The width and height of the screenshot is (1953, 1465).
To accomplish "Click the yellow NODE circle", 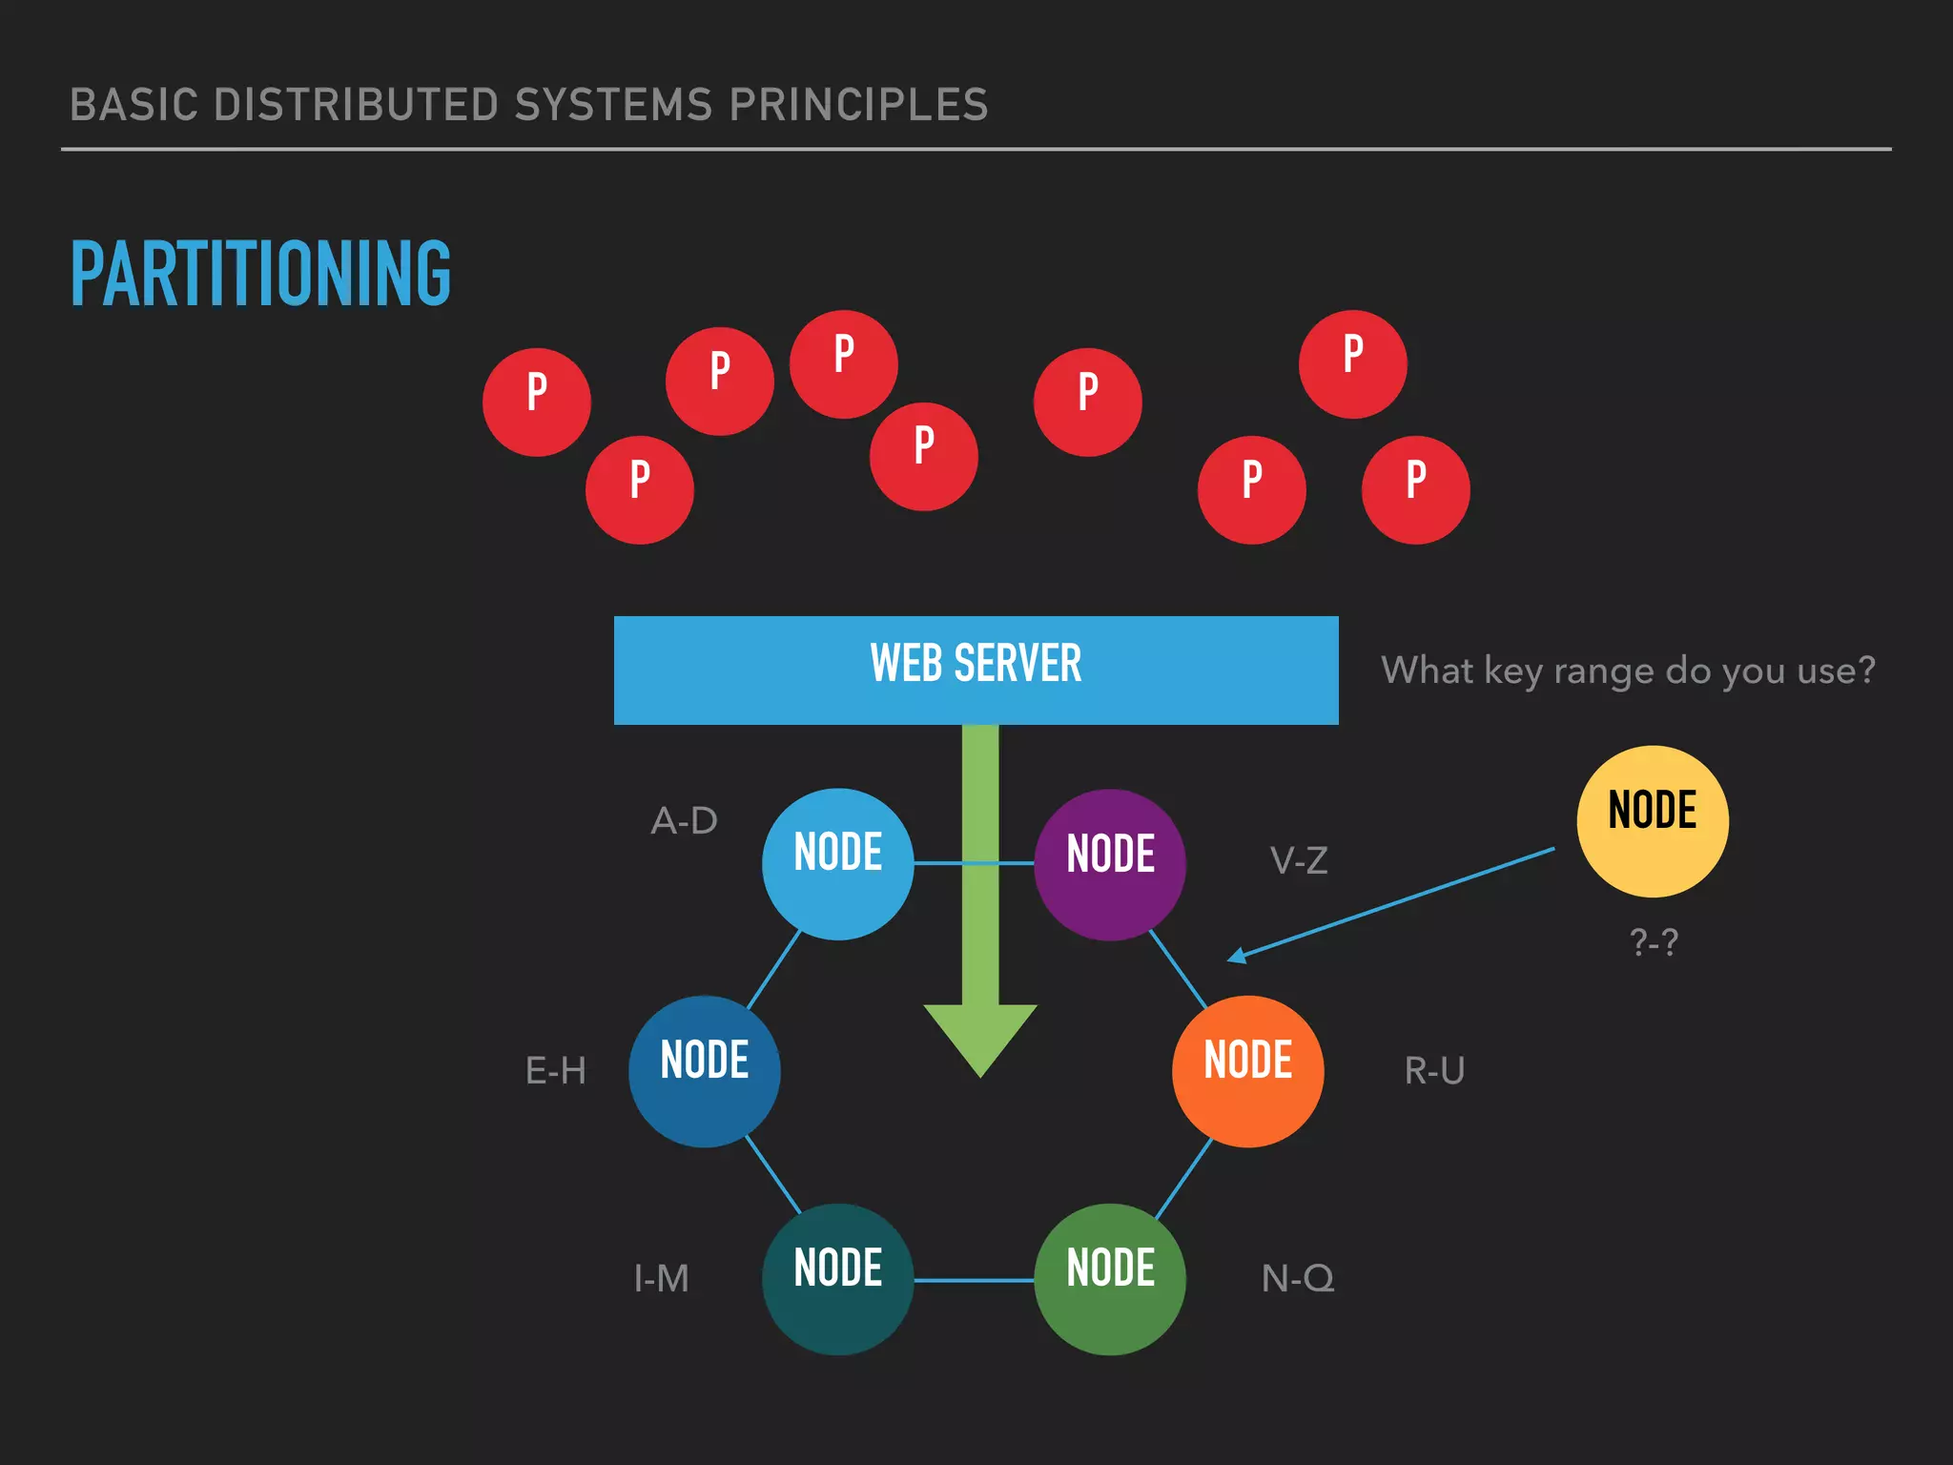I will coord(1652,821).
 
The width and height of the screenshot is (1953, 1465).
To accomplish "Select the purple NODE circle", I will coord(1110,864).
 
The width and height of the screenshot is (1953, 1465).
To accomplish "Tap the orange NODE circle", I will coord(1247,1071).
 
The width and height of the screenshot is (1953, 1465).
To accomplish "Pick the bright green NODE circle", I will coord(1110,1279).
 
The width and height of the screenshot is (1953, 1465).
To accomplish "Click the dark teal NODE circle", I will coord(837,1279).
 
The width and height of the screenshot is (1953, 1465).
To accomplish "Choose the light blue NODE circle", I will coord(837,864).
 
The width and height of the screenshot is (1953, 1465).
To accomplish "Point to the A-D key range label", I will coord(684,821).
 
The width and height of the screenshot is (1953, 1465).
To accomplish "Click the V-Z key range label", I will coord(1299,861).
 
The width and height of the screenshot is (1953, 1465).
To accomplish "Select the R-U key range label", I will coord(1434,1071).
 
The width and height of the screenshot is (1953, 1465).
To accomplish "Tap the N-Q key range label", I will coord(1298,1279).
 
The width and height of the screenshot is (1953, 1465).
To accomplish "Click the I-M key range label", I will coord(661,1279).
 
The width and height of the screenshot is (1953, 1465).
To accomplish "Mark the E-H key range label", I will coord(556,1071).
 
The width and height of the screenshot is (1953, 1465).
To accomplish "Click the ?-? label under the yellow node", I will coord(1654,942).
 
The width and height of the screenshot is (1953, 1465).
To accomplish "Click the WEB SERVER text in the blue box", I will coord(976,664).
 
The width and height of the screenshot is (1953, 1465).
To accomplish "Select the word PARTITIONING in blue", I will coord(260,275).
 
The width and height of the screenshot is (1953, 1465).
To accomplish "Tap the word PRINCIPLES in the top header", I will coord(858,105).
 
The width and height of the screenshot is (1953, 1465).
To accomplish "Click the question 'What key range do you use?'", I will coord(1628,671).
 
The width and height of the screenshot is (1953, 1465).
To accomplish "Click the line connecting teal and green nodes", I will coord(974,1280).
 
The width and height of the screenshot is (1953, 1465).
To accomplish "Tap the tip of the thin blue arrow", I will coord(1231,959).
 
